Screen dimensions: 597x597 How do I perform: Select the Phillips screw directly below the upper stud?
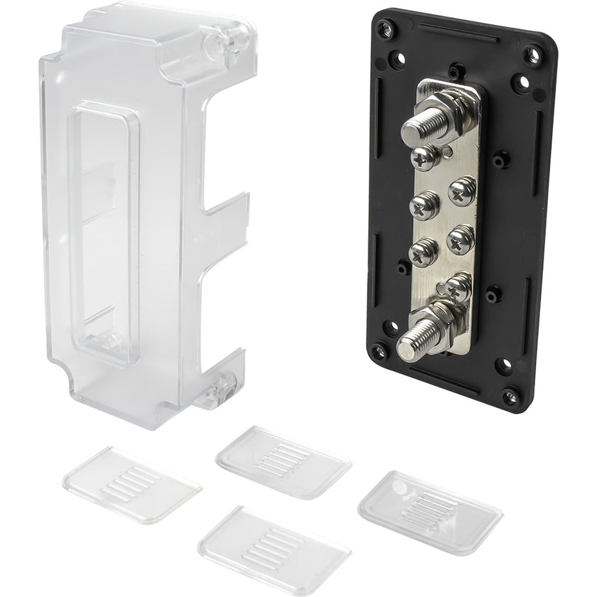[424, 158]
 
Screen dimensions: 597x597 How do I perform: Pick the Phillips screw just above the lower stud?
[459, 286]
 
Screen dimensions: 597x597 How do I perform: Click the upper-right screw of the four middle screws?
[462, 190]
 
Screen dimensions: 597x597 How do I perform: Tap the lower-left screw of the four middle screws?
[424, 251]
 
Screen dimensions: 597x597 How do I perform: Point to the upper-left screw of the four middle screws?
[425, 206]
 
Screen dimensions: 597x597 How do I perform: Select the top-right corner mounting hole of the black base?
[532, 54]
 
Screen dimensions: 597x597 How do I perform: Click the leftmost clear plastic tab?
[131, 485]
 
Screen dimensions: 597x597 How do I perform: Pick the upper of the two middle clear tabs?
[283, 461]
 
